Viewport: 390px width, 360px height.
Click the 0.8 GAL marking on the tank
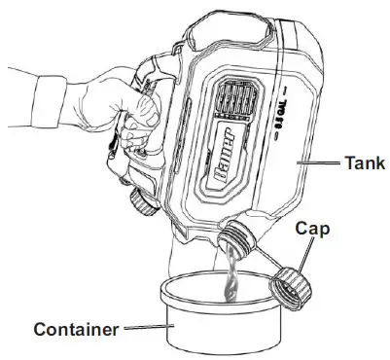tap(276, 119)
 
